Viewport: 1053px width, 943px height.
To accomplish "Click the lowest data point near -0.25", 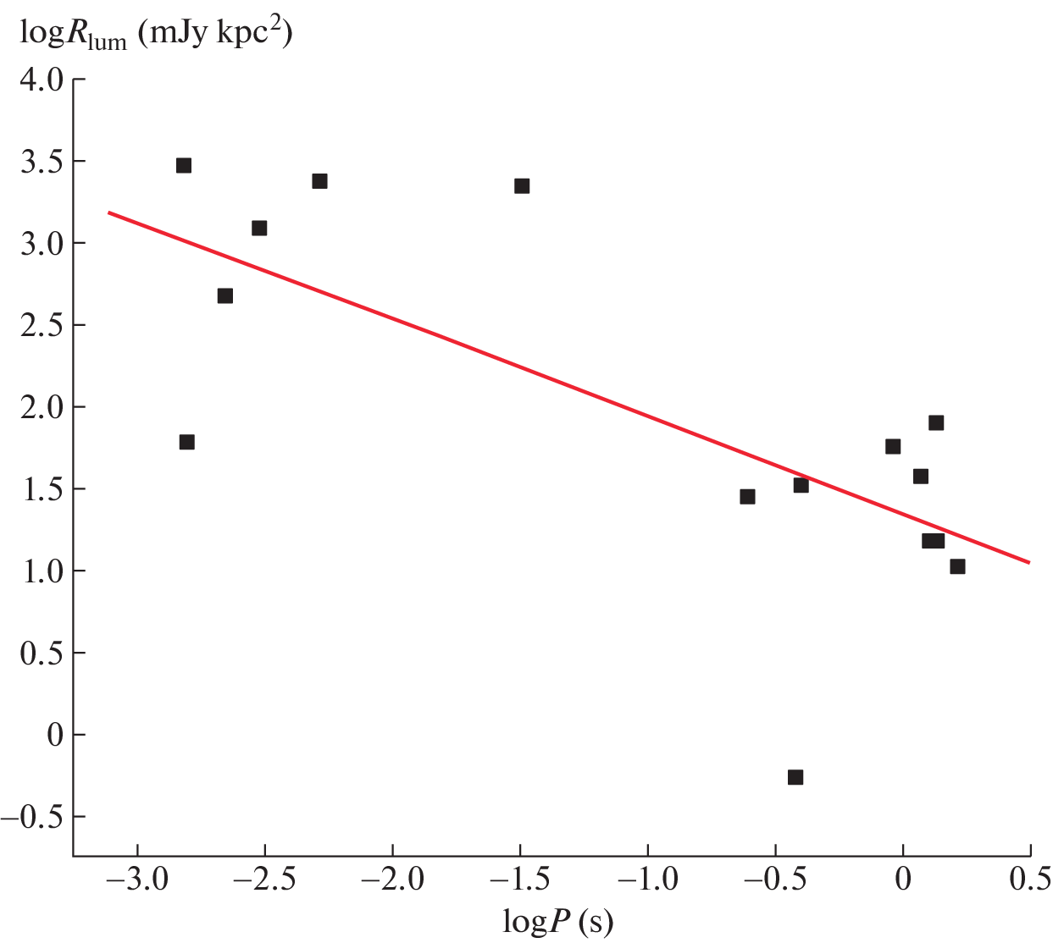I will pos(795,777).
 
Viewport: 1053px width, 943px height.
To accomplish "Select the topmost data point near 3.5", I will pos(184,165).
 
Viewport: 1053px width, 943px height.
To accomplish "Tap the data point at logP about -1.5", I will pos(522,186).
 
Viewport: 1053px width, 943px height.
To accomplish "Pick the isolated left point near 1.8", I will pos(187,442).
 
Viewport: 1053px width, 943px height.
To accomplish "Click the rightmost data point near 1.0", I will pos(957,566).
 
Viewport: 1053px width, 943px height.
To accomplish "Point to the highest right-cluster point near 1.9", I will pos(936,423).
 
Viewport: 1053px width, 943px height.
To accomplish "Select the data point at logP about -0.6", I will pos(747,497).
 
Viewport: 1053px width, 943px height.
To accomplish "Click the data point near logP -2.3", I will pos(319,181).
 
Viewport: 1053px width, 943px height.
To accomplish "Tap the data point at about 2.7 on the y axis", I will pos(225,295).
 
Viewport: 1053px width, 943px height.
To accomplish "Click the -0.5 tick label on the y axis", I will pos(32,817).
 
